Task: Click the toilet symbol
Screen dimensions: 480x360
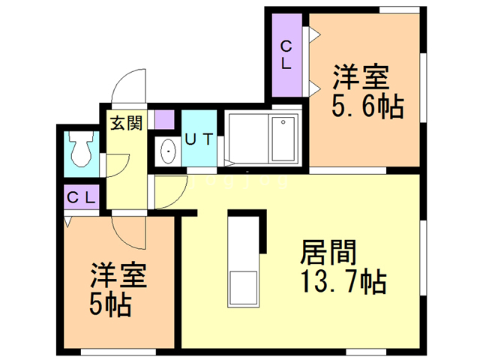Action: (80, 149)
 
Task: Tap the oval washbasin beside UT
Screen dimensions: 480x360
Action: (168, 151)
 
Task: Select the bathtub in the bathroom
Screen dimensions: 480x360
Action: (283, 139)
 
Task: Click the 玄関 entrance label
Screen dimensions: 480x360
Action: (127, 123)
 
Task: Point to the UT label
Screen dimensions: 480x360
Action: (199, 139)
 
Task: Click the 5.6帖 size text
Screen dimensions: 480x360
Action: (368, 107)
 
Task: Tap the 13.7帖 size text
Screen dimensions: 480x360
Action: (344, 282)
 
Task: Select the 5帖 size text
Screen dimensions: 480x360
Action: (110, 305)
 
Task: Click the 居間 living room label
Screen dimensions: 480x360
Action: (328, 252)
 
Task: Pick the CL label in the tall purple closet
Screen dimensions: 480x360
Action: (286, 55)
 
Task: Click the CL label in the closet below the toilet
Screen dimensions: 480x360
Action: (82, 198)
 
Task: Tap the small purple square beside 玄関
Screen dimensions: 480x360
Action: (165, 119)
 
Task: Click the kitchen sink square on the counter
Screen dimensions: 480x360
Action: (243, 287)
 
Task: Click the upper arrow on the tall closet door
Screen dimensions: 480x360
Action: (314, 33)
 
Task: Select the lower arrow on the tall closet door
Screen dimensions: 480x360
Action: (314, 88)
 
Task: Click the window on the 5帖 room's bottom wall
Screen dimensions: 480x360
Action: (118, 352)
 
